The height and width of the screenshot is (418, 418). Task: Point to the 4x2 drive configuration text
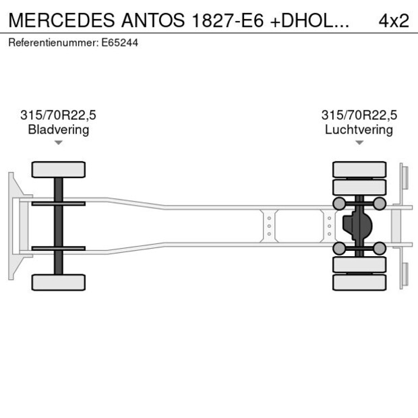pyautogui.click(x=394, y=20)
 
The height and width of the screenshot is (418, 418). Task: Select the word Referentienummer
pyautogui.click(x=53, y=42)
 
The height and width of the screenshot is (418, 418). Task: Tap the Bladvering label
pyautogui.click(x=59, y=129)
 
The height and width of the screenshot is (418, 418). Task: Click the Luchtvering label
pyautogui.click(x=359, y=129)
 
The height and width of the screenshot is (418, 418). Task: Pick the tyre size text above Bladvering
pyautogui.click(x=59, y=115)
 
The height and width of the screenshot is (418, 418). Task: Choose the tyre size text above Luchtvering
pyautogui.click(x=359, y=115)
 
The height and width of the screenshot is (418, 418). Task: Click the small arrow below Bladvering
pyautogui.click(x=59, y=142)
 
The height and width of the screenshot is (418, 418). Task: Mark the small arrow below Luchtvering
pyautogui.click(x=359, y=142)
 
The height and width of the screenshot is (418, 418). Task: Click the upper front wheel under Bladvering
pyautogui.click(x=59, y=169)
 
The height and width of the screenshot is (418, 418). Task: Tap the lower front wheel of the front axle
pyautogui.click(x=59, y=282)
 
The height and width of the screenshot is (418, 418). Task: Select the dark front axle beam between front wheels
pyautogui.click(x=59, y=226)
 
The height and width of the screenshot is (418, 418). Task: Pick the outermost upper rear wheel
pyautogui.click(x=359, y=169)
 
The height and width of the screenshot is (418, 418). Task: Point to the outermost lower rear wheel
pyautogui.click(x=359, y=282)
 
